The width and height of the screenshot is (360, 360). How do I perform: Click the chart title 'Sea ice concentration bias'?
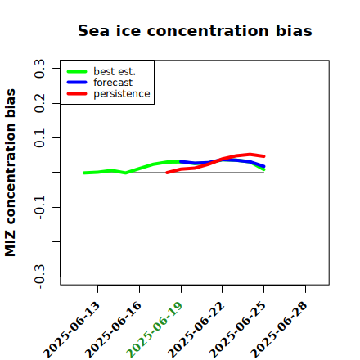pos(195,30)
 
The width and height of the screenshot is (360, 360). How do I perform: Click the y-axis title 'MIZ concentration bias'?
pos(11,173)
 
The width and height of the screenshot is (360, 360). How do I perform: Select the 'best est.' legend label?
pos(115,71)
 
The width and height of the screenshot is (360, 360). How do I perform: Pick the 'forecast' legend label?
pos(113,83)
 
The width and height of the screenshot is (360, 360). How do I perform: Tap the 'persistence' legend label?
pos(122,94)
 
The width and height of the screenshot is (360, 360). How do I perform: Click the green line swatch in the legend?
pos(77,72)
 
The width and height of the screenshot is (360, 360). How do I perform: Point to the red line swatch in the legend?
pos(77,94)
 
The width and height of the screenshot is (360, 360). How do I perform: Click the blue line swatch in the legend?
pos(77,83)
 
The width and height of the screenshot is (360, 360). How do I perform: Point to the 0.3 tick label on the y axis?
pos(40,69)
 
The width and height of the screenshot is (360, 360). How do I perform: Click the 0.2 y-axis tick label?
pos(40,103)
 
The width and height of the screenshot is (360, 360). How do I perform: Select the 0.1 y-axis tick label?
pos(40,138)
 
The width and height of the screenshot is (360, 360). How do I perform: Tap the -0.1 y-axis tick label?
pos(40,208)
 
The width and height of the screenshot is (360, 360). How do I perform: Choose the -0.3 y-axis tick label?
pos(40,277)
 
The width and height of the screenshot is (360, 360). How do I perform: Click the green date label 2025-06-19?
pos(154,330)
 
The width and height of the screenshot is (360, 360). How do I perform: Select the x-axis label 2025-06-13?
pos(71,330)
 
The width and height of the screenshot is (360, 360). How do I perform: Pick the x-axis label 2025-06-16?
pos(113,330)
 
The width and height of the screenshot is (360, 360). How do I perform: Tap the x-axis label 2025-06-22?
pos(196,330)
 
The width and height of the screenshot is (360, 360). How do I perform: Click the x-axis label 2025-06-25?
pos(237,330)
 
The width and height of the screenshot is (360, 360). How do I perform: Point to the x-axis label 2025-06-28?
pos(278,330)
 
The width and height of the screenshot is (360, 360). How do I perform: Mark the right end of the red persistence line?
pos(264,156)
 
